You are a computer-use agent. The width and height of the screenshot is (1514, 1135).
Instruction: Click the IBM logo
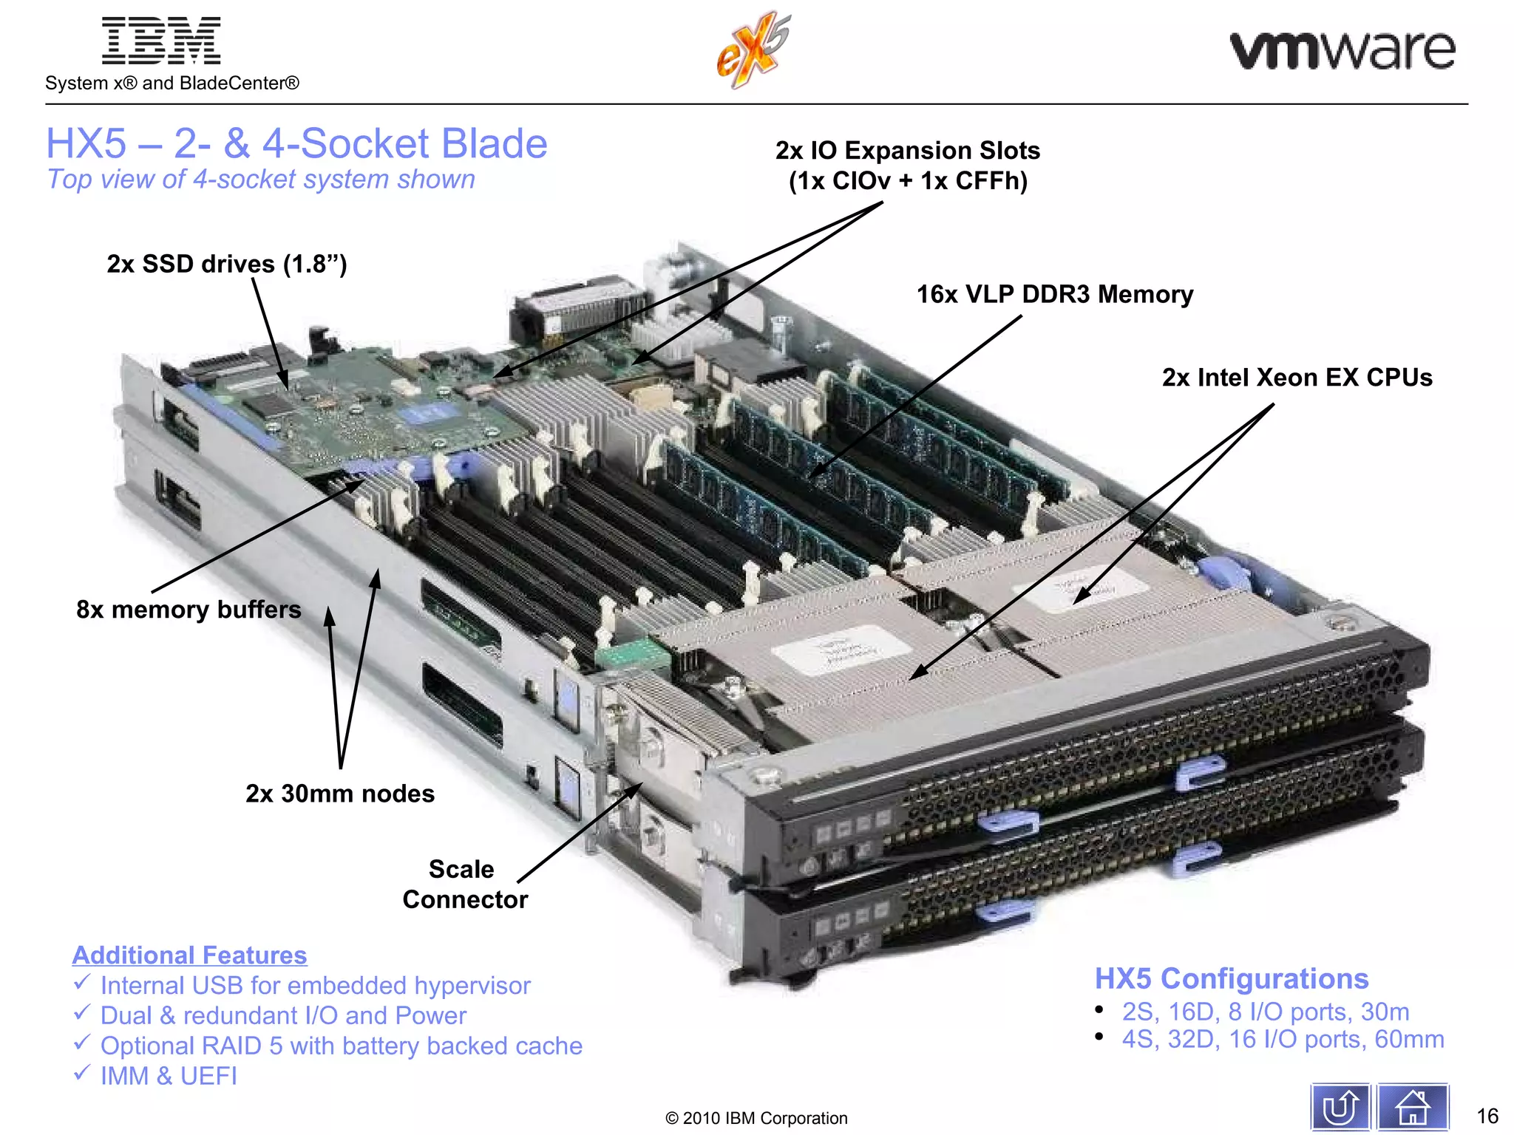pos(161,41)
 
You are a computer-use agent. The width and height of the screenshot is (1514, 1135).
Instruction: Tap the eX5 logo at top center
pos(753,50)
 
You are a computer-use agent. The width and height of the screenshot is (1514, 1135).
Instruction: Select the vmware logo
pos(1342,50)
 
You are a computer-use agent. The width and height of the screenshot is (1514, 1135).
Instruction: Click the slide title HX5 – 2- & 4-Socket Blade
pos(296,143)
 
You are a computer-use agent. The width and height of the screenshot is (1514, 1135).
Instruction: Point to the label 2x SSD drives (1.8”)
pos(226,264)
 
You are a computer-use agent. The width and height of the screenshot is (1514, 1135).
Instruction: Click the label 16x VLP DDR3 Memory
pos(1054,294)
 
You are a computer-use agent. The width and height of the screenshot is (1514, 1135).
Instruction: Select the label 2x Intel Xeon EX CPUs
pos(1297,378)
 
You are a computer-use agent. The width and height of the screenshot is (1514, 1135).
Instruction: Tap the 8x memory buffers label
pos(189,610)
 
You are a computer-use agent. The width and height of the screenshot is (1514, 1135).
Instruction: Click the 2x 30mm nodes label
pos(340,794)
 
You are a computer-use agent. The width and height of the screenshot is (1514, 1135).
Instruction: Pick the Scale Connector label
pos(464,884)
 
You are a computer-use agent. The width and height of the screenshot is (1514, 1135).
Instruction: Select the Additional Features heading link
pos(189,955)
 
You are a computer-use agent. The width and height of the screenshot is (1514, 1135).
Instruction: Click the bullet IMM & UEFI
pos(169,1076)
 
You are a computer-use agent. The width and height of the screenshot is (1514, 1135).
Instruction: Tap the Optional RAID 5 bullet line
pos(341,1046)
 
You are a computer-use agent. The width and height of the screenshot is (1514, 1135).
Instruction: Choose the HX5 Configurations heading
pos(1231,978)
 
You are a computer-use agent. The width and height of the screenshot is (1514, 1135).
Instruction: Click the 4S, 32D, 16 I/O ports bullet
pos(1283,1039)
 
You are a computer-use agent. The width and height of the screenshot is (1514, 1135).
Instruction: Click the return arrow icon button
pos(1340,1107)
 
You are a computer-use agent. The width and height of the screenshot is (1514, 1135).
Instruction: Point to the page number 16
pos(1487,1116)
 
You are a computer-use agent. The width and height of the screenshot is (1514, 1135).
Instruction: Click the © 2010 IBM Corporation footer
pos(756,1118)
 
